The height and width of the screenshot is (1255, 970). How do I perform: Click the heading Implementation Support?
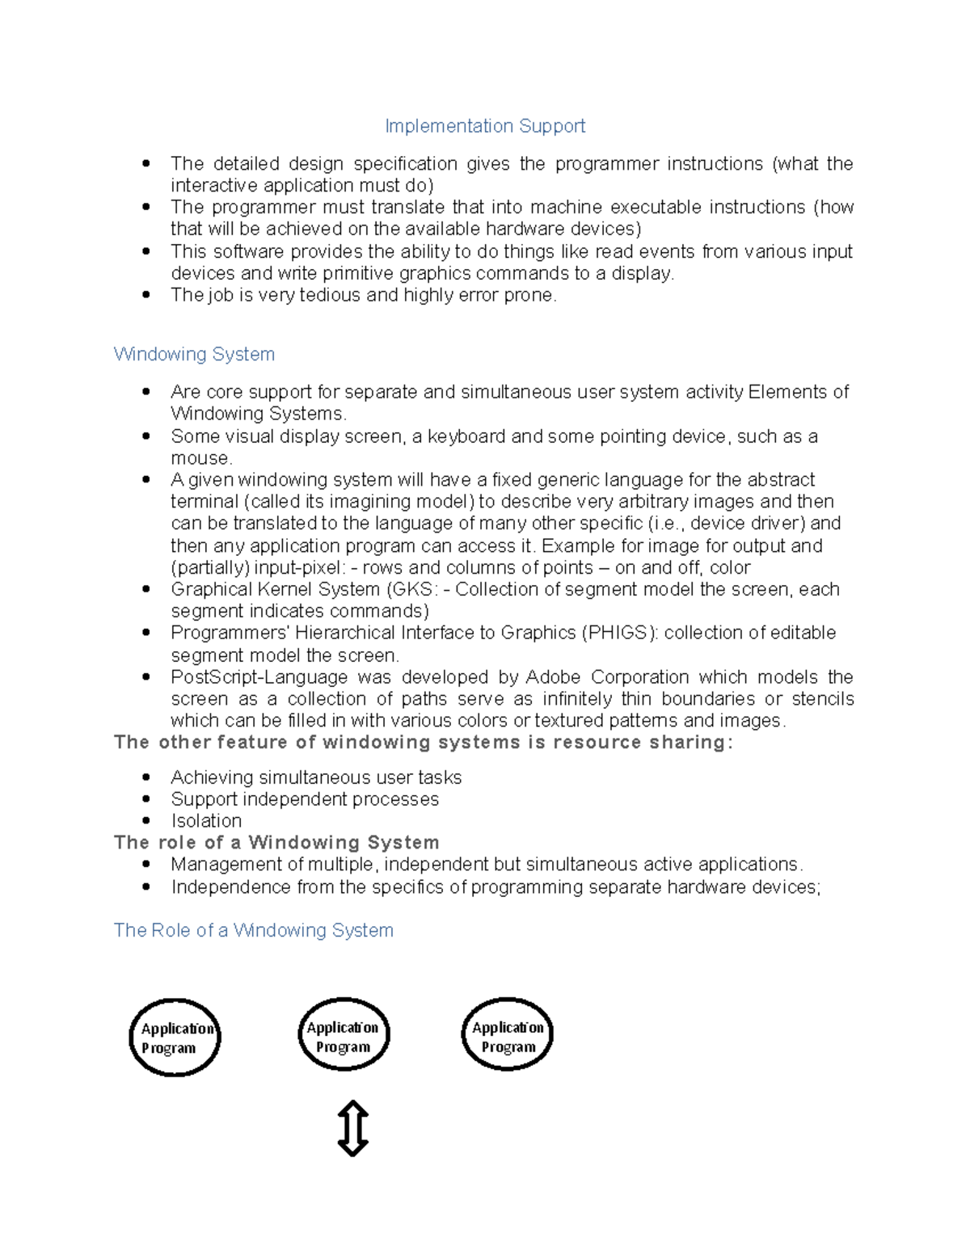[x=485, y=126]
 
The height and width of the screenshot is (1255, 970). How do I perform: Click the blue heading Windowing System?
[x=194, y=354]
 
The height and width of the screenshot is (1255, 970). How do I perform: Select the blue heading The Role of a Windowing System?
[x=253, y=930]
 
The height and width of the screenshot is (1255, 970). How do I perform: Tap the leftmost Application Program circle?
[x=175, y=1038]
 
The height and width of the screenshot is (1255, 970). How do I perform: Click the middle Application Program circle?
[x=344, y=1035]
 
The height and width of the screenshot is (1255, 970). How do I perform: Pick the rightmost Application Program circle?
[x=507, y=1035]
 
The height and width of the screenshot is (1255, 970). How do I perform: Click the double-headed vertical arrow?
[x=352, y=1128]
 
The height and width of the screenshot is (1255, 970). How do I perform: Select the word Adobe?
[x=553, y=676]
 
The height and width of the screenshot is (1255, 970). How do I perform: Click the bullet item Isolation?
[x=206, y=821]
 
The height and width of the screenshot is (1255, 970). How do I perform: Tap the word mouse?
[x=200, y=458]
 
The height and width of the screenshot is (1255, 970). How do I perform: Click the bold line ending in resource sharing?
[x=424, y=743]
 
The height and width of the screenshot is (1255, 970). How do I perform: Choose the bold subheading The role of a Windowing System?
[x=276, y=843]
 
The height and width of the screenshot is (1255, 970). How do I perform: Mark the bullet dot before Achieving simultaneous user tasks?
[x=146, y=777]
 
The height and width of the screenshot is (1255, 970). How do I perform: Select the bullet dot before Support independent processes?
[x=146, y=799]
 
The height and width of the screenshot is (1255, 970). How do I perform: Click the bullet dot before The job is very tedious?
[x=146, y=295]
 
